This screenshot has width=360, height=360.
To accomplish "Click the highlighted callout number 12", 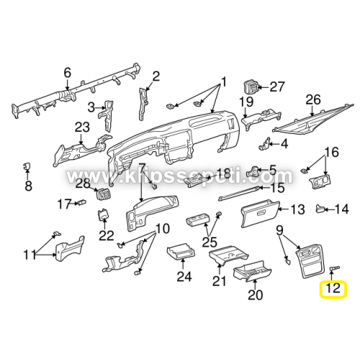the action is (333, 288).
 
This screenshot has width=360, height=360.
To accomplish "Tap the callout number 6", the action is (68, 73).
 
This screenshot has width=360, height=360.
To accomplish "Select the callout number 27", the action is (277, 87).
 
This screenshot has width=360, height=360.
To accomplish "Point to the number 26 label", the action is (313, 100).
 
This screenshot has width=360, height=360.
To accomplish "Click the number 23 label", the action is (82, 127).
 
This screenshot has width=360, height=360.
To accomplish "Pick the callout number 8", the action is (29, 186).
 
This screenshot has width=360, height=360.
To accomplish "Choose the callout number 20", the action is (256, 294).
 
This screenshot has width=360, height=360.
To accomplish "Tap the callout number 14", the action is (341, 210).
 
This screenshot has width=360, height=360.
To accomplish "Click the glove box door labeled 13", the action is (260, 214).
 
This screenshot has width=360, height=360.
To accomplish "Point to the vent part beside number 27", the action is (251, 88).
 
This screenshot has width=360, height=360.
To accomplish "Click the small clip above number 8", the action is (26, 166).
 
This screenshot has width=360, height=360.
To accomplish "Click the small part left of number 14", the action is (320, 209).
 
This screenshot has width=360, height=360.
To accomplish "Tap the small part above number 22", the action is (103, 214).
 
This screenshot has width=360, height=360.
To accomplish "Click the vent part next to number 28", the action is (103, 194).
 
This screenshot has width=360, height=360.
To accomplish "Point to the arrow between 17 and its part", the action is (73, 204).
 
